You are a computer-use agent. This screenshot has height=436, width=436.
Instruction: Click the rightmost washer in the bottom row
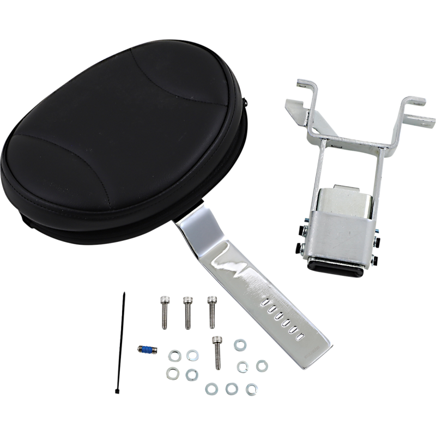(251, 388)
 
